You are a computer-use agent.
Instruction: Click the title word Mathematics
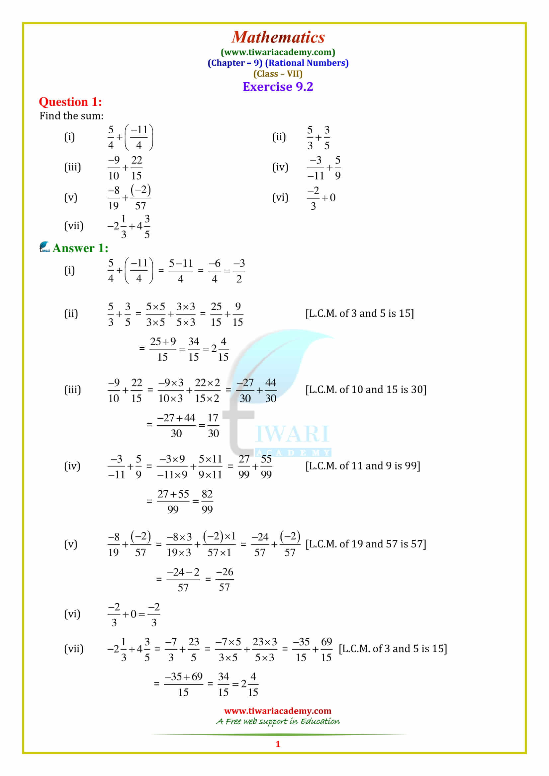click(x=278, y=37)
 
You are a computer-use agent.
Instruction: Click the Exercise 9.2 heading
click(x=278, y=87)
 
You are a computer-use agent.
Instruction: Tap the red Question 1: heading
click(x=70, y=102)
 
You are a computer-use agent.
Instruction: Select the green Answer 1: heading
click(x=80, y=248)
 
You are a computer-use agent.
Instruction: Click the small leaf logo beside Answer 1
click(x=44, y=247)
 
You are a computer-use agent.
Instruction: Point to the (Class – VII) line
click(x=278, y=74)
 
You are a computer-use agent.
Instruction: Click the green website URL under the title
click(x=278, y=52)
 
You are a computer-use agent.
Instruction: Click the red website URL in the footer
click(x=278, y=711)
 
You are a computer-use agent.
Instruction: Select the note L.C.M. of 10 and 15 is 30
click(x=366, y=390)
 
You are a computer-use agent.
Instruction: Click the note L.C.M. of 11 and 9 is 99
click(x=363, y=466)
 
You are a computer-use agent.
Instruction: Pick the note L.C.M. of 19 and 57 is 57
click(x=366, y=544)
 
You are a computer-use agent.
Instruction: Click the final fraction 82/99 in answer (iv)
click(x=207, y=502)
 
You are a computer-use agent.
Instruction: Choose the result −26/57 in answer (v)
click(x=225, y=580)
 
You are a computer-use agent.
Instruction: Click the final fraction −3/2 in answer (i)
click(x=239, y=271)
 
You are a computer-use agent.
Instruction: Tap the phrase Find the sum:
click(x=71, y=116)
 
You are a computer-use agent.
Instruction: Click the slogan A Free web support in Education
click(x=278, y=722)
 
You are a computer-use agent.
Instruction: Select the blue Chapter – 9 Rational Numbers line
click(x=278, y=63)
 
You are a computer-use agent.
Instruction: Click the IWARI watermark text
click(x=292, y=434)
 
